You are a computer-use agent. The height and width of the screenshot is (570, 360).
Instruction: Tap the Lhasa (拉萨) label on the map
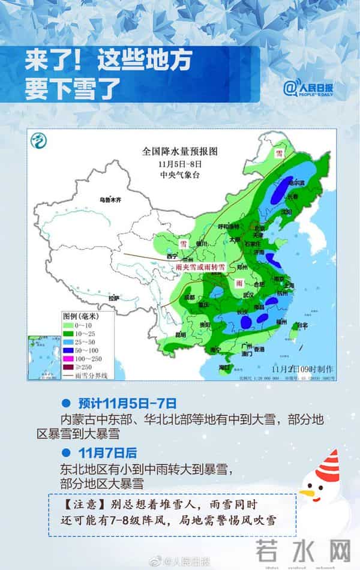(x=113, y=297)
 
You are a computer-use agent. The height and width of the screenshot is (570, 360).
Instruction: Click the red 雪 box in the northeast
(x=278, y=153)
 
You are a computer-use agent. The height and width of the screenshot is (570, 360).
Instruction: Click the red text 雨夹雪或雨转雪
(x=204, y=265)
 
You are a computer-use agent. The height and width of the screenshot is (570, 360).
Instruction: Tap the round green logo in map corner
(x=40, y=142)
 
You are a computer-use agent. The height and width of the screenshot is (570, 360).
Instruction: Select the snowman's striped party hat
(x=326, y=463)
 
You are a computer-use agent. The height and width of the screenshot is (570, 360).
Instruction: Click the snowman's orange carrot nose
(x=308, y=493)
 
